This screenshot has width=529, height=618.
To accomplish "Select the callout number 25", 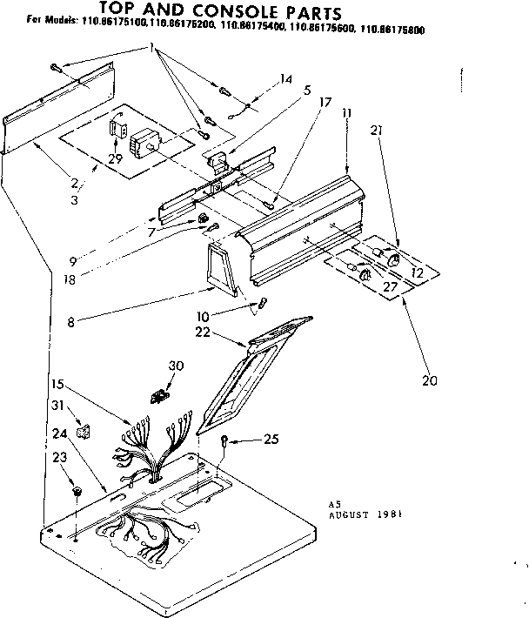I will (271, 440).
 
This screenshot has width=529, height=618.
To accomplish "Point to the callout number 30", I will (178, 366).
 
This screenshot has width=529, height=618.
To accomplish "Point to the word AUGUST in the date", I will (353, 514).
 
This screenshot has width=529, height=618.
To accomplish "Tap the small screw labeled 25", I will (225, 442).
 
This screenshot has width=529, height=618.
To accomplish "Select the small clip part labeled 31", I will (83, 430).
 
